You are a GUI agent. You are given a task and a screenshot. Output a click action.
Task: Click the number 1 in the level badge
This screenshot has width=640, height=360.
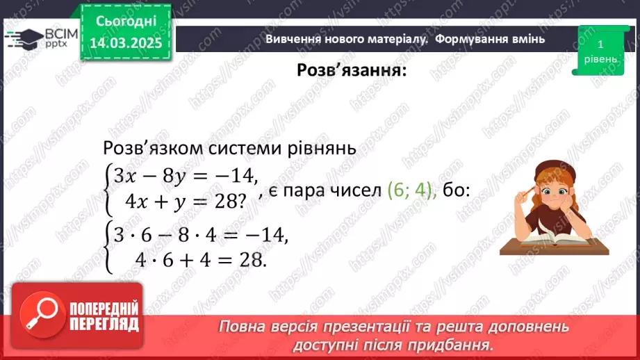click(x=598, y=44)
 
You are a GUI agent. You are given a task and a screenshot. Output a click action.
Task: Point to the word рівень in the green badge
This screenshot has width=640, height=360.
click(x=598, y=59)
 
